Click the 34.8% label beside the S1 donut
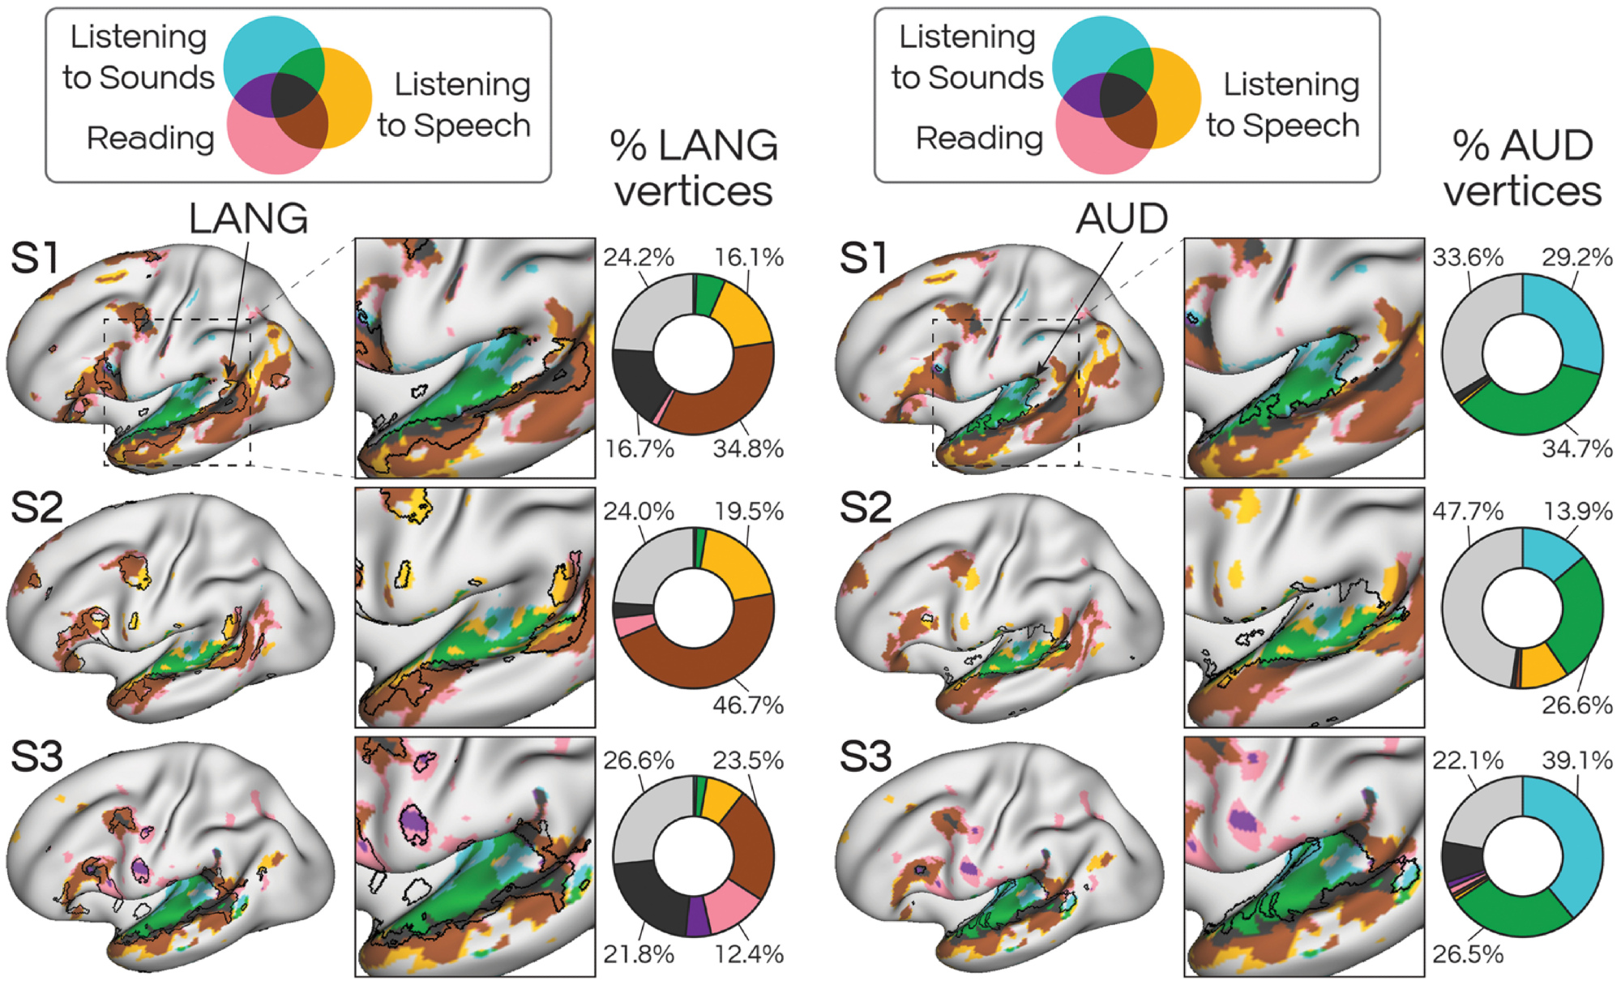[747, 448]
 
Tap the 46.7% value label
[747, 705]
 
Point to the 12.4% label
[747, 954]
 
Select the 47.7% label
[1467, 512]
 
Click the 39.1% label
[1576, 760]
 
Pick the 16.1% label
[748, 258]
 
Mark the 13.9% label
[1576, 512]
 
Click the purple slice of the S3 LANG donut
[698, 915]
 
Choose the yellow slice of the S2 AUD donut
[1541, 666]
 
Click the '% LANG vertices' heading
[694, 168]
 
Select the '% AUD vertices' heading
[1522, 168]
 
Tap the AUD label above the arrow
[1122, 219]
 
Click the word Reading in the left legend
[150, 138]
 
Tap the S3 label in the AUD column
[865, 757]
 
